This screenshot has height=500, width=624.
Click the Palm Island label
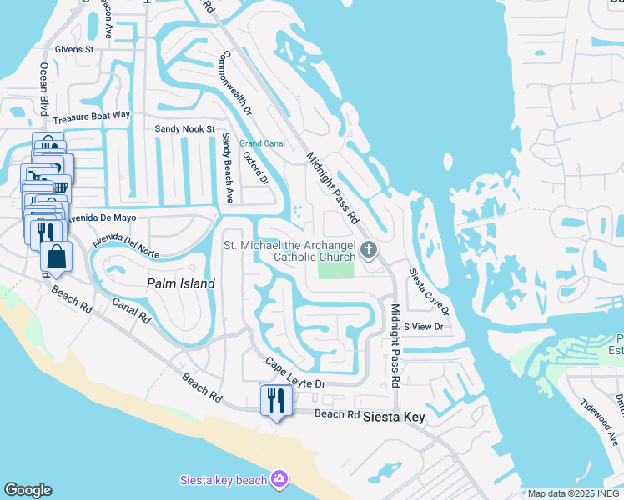coord(181,283)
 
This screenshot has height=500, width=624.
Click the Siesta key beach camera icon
coord(279,479)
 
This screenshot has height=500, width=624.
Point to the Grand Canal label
coord(263,143)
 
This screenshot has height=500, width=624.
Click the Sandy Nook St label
coord(185,129)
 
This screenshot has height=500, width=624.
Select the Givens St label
coord(74,50)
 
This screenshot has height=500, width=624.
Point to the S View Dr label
coord(423,327)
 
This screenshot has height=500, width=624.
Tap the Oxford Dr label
coord(255,167)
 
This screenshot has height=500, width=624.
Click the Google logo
coord(28,490)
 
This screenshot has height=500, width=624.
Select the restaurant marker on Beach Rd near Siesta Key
coord(273,401)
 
